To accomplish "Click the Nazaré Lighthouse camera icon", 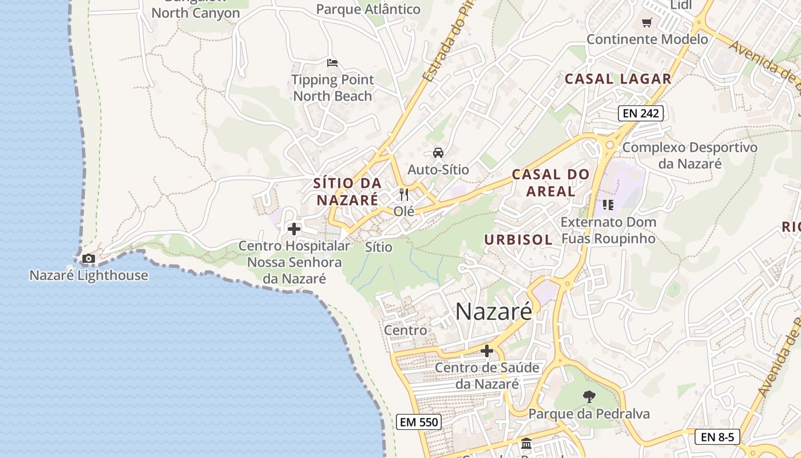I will pos(88,259).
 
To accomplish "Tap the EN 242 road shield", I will pos(641,113).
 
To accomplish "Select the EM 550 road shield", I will pos(419,423).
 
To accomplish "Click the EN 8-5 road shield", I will pos(717,437).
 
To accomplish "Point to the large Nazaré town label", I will pos(494,311).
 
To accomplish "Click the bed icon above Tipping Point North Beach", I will pos(332,62).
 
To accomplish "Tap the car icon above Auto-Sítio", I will pos(438,152).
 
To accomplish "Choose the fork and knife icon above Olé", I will pos(404,195).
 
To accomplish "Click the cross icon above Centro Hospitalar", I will pos(294,230).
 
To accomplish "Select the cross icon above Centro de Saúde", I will pos(487,350).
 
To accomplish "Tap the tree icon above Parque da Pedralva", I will pos(589,396).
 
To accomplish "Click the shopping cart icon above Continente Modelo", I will pos(647,23).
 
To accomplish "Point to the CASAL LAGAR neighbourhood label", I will pos(618,79).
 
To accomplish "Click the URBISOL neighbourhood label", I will pos(518,240).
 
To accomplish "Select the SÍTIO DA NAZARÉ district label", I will pos(347,191).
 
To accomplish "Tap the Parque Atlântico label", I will pos(368,9).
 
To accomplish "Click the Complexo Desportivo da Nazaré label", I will pos(689,155).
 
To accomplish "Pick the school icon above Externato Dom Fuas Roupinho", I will pos(608,204).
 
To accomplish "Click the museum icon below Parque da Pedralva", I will pos(526,443).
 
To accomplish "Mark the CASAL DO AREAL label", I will pos(550,183).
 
